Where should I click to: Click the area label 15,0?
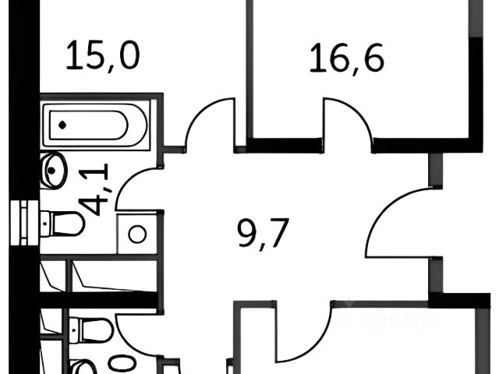(x=103, y=57)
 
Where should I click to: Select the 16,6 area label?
(x=347, y=58)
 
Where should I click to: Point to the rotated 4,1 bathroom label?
(x=99, y=190)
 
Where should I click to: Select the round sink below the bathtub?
(x=53, y=171)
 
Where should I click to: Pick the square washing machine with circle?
(x=137, y=234)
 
